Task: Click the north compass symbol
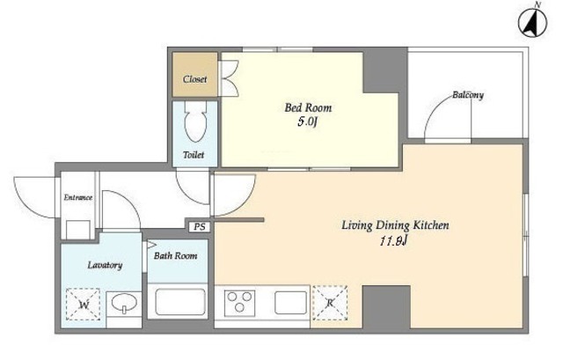[533, 22]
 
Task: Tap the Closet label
[195, 79]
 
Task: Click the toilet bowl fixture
[195, 121]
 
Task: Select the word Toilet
[194, 155]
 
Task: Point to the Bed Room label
[308, 107]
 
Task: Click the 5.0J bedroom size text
[308, 121]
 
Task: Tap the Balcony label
[468, 95]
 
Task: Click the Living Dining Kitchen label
[395, 225]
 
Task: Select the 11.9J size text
[394, 241]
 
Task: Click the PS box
[200, 227]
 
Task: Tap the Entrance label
[78, 197]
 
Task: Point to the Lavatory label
[105, 265]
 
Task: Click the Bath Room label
[176, 256]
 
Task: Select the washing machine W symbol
[84, 305]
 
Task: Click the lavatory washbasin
[124, 303]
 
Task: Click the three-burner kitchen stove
[239, 303]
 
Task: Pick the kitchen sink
[291, 303]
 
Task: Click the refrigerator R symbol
[330, 303]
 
